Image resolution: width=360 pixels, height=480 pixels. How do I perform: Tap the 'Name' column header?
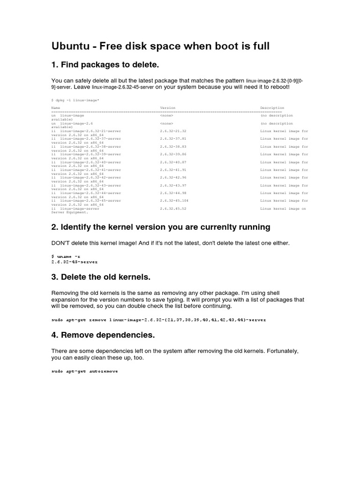click(55, 108)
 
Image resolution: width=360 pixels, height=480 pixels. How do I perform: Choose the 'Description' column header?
click(272, 108)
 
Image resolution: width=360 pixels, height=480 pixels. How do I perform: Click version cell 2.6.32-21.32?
click(173, 131)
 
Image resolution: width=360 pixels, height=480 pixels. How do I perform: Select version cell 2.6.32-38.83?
click(173, 147)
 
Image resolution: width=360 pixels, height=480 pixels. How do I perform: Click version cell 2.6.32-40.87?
click(173, 162)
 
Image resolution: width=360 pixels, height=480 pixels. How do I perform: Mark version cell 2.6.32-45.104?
click(174, 201)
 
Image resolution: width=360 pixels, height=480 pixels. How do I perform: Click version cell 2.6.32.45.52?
click(173, 209)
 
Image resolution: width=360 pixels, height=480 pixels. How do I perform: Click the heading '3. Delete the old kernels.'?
click(100, 277)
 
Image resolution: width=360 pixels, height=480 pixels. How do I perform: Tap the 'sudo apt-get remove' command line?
click(158, 319)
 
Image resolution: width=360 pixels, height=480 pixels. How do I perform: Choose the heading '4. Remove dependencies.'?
click(103, 335)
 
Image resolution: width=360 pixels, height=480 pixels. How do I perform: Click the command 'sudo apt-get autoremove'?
click(84, 371)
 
